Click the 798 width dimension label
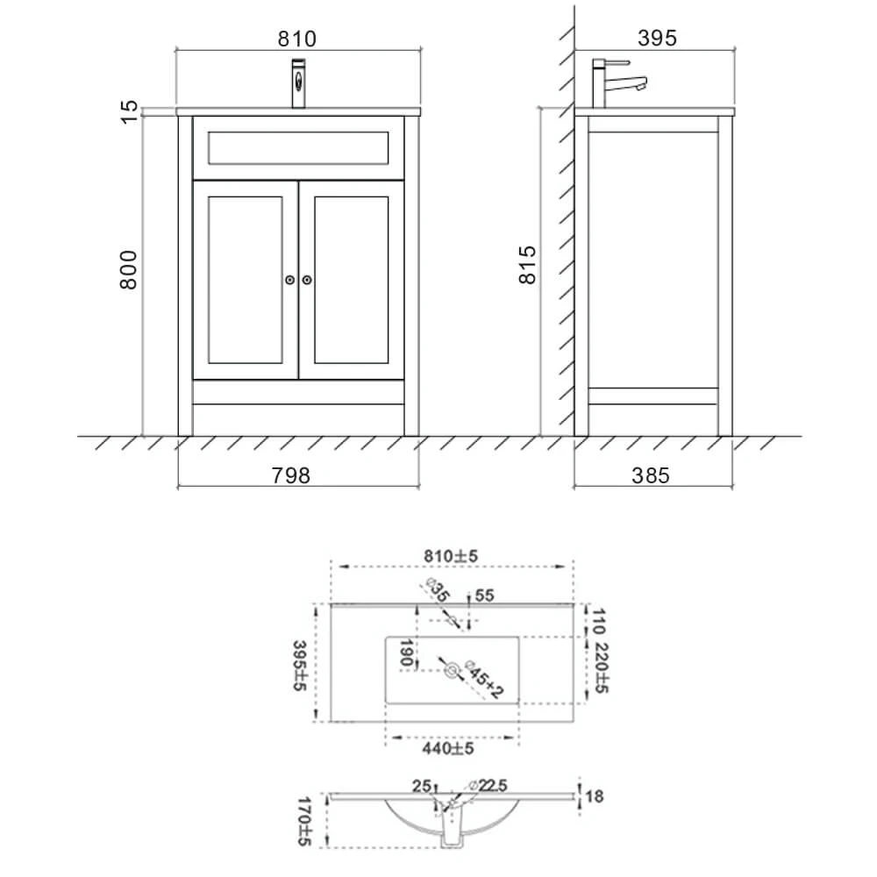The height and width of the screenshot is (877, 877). [291, 475]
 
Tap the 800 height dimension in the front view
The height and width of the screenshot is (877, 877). [129, 269]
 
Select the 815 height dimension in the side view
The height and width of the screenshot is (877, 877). [527, 265]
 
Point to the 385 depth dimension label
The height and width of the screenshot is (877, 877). [651, 475]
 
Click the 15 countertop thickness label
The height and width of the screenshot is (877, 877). [129, 112]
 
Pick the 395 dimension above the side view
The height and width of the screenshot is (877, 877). [657, 38]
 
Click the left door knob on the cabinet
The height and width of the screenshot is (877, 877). [289, 280]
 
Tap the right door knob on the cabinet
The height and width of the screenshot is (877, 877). [307, 280]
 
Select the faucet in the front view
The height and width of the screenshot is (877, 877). [299, 82]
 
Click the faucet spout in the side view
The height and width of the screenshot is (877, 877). [626, 85]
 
